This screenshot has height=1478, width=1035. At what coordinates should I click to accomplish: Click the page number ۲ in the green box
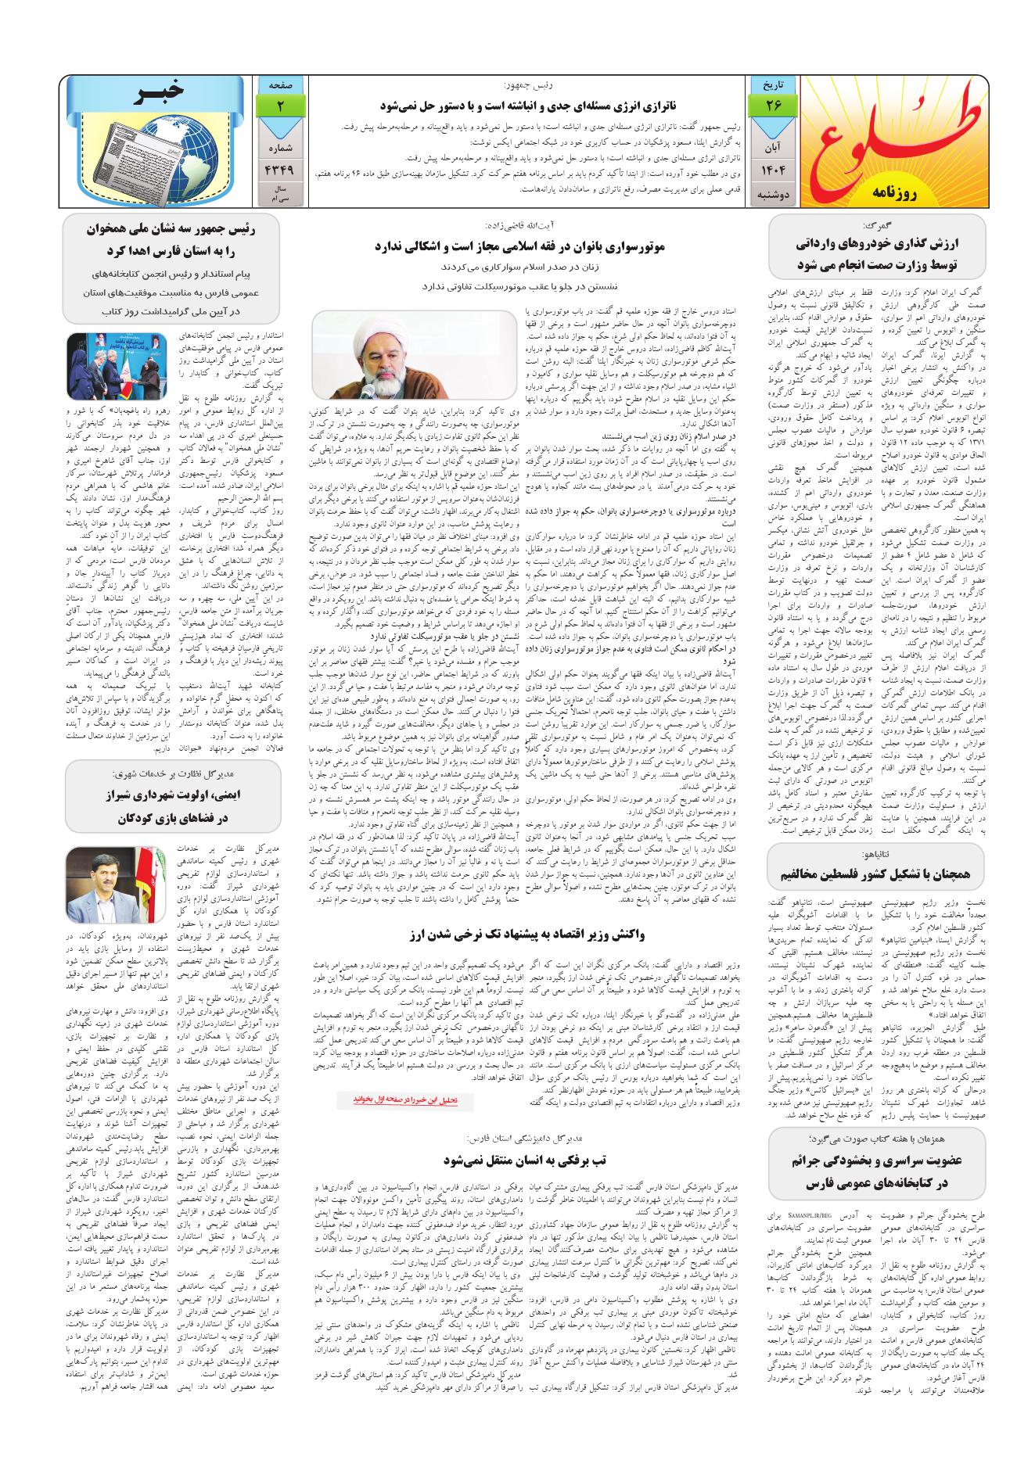[x=279, y=106]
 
